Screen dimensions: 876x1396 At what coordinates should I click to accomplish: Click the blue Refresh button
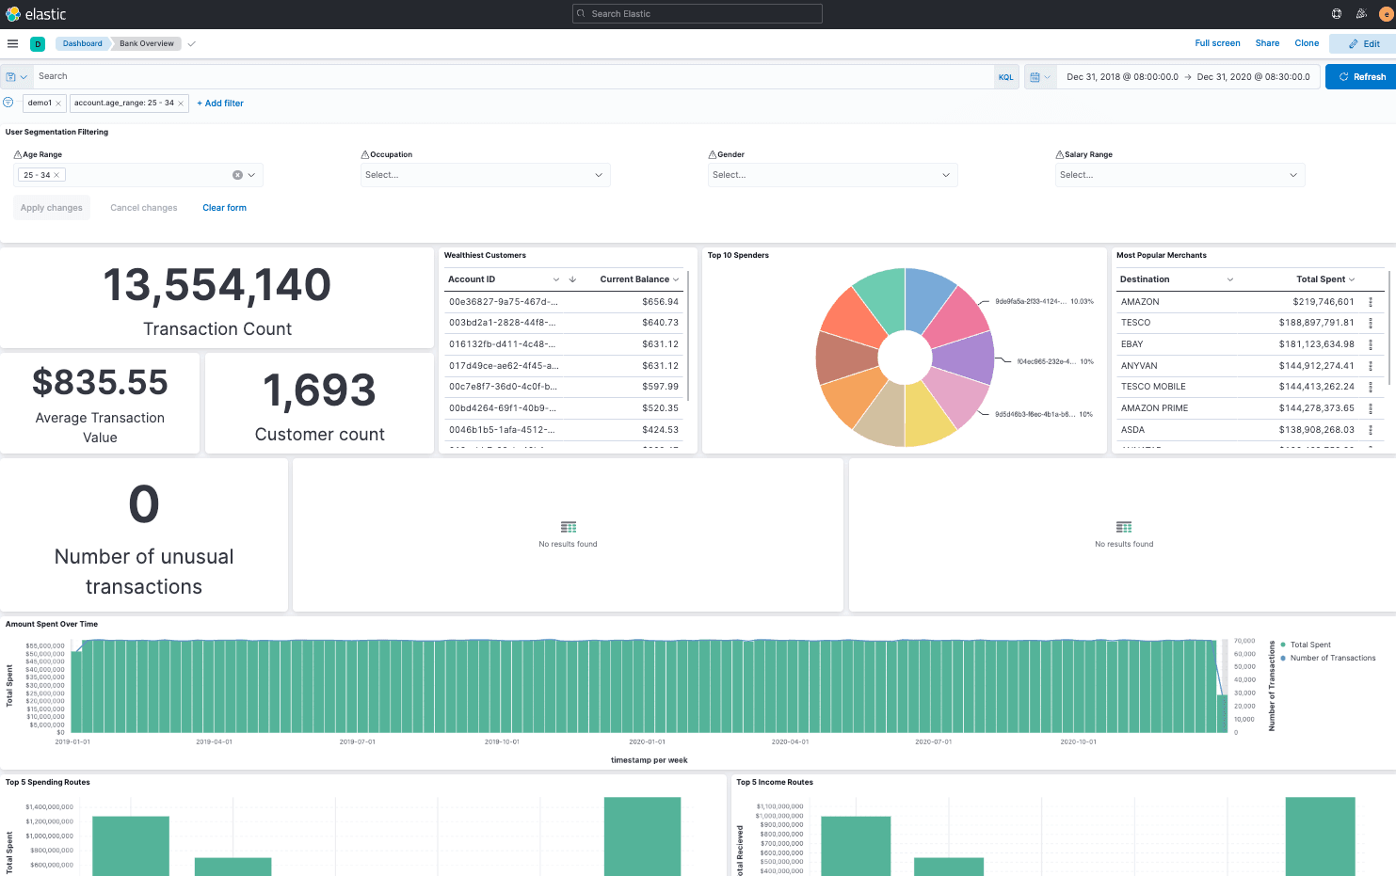[x=1361, y=77]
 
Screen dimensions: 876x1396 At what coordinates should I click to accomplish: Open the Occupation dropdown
[x=485, y=175]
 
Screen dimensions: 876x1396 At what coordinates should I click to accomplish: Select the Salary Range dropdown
[x=1179, y=175]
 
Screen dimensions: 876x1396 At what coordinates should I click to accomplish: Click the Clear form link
[x=224, y=208]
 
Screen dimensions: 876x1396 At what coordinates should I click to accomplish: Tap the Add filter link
[x=220, y=104]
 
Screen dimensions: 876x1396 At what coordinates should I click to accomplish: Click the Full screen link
[x=1217, y=43]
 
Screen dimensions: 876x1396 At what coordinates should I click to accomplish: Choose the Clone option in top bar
[x=1307, y=43]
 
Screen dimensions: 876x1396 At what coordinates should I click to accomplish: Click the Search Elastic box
[x=698, y=14]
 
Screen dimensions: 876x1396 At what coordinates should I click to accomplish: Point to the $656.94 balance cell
[x=660, y=302]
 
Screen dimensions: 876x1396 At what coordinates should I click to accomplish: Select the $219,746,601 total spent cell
[x=1323, y=302]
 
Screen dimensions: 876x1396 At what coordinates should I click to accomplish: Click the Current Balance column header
[x=634, y=279]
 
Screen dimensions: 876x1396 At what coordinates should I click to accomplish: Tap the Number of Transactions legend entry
[x=1332, y=659]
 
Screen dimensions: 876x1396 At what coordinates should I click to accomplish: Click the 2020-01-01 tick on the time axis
[x=647, y=742]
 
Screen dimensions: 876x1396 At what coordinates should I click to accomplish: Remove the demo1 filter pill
[x=58, y=104]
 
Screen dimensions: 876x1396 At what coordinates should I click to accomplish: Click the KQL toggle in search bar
[x=1005, y=77]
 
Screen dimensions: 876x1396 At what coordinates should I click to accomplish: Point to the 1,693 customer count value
[x=319, y=390]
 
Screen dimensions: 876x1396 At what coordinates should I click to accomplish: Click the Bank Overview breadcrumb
[x=147, y=43]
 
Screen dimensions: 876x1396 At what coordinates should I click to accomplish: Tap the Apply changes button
[x=52, y=208]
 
